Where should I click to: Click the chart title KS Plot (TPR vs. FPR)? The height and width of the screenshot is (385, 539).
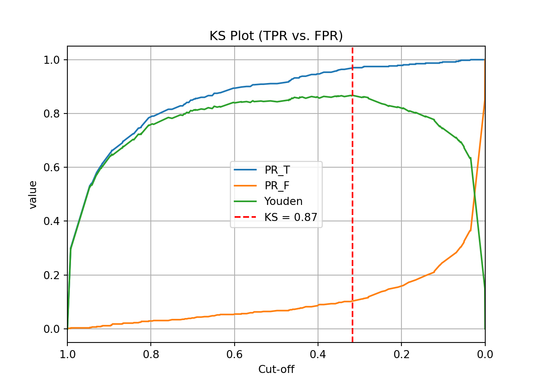276,36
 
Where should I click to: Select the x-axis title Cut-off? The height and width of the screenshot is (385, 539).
276,369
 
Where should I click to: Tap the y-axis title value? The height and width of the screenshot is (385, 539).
33,195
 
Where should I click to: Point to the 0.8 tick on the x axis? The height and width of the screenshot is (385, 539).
151,354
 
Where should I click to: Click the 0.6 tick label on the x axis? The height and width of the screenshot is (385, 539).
234,354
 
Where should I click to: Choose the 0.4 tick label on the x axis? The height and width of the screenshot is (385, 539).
318,354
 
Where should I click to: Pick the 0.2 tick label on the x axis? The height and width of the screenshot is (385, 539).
401,354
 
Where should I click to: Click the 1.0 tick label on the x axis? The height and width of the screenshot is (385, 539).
67,354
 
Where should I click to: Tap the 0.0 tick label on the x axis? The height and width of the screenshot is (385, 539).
485,354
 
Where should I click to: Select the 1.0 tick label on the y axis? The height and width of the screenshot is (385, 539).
51,60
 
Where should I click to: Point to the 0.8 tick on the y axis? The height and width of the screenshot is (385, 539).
51,114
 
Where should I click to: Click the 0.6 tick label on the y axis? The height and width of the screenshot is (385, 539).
51,168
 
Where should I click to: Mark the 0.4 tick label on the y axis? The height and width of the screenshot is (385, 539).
51,221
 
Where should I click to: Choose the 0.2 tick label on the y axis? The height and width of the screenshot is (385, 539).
51,275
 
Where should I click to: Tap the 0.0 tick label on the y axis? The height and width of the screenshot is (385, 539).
51,329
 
